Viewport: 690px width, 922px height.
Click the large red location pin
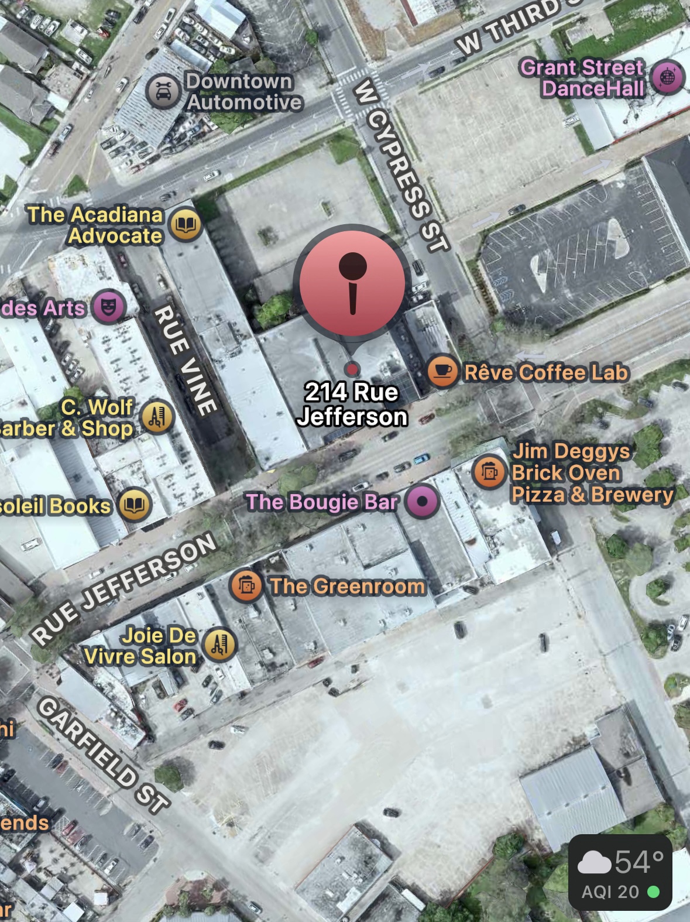(352, 284)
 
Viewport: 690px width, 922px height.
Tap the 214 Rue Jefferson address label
(352, 405)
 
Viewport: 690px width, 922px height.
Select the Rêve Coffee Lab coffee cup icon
(442, 371)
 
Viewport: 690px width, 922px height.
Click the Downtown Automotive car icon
(163, 91)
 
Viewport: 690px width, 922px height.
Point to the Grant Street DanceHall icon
(667, 77)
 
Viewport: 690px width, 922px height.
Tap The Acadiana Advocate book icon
(186, 225)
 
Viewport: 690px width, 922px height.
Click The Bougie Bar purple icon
(423, 501)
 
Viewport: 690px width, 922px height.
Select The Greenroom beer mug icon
(247, 585)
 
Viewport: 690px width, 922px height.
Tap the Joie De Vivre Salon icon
(219, 645)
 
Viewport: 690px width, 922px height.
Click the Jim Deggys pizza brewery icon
(489, 471)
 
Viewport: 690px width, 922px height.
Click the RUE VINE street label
(185, 359)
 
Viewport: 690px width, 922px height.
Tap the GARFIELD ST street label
(104, 755)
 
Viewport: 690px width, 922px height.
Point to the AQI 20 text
(610, 892)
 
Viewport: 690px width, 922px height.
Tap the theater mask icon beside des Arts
(108, 306)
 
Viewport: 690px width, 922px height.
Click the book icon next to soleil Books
(135, 505)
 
